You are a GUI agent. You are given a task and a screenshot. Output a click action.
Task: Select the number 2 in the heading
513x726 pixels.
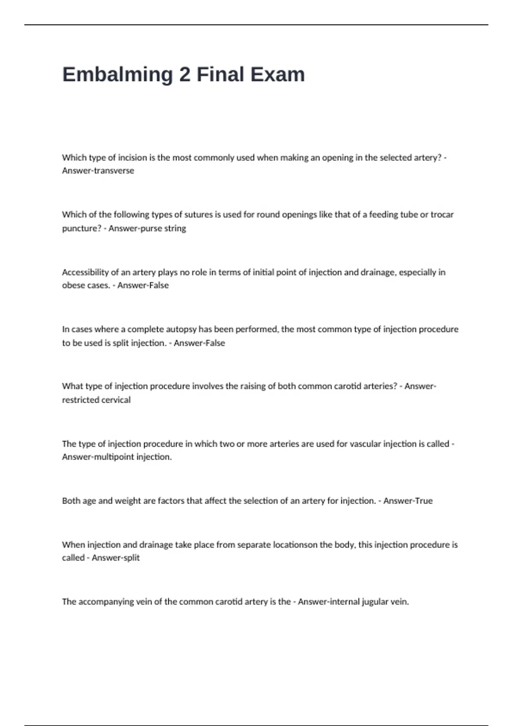(185, 75)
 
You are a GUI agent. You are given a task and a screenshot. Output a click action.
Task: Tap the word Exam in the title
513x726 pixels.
(277, 75)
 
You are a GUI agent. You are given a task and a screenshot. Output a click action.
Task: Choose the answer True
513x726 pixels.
(424, 501)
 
